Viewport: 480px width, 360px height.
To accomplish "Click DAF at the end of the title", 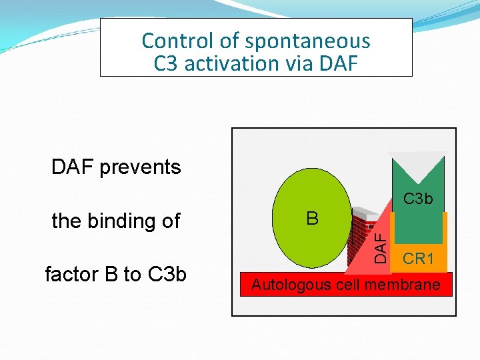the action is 337,64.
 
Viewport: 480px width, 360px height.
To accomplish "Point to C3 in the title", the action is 167,64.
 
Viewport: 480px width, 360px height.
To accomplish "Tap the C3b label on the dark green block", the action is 418,199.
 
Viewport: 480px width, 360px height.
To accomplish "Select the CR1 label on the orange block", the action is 419,259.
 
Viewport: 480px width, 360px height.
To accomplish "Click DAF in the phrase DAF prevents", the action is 73,167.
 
